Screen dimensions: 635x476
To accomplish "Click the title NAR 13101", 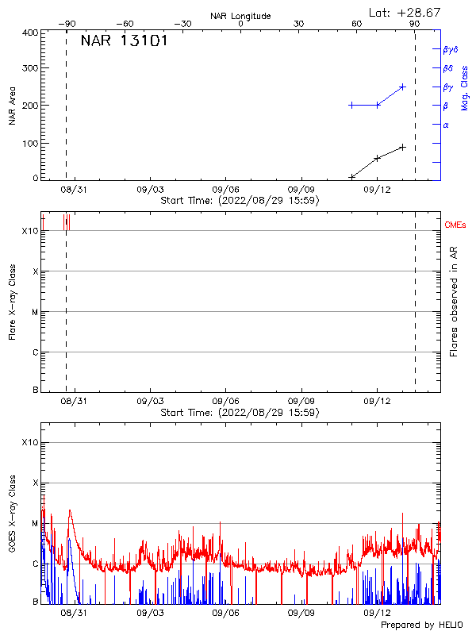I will pyautogui.click(x=124, y=41).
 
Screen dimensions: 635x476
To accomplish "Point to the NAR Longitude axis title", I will pyautogui.click(x=240, y=16).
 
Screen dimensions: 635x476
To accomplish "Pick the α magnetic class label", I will pyautogui.click(x=446, y=125).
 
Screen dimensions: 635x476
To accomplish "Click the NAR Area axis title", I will pyautogui.click(x=13, y=106).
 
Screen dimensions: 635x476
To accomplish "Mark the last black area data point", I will pyautogui.click(x=403, y=147).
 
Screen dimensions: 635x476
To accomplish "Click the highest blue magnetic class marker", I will pyautogui.click(x=403, y=87).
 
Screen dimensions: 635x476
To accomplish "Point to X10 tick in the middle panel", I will pyautogui.click(x=30, y=231).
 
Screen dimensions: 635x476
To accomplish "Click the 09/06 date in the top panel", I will pyautogui.click(x=226, y=190).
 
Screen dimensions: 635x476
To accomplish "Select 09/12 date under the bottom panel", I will pyautogui.click(x=377, y=614).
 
